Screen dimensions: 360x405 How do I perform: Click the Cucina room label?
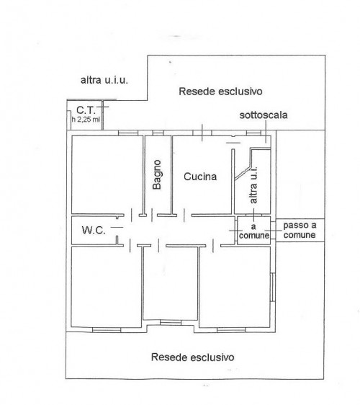(200, 177)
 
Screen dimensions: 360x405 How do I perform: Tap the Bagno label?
(157, 174)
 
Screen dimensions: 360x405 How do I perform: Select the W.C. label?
(94, 230)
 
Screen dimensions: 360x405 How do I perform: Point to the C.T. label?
(86, 110)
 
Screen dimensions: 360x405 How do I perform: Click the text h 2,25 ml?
(86, 120)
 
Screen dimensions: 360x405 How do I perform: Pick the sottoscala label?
(264, 115)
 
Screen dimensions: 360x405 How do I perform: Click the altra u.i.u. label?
(104, 80)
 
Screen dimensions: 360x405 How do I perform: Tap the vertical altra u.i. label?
(253, 184)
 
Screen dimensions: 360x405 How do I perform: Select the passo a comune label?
(300, 230)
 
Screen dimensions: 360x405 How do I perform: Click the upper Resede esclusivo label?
(220, 92)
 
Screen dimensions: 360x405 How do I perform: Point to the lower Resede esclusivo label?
(193, 357)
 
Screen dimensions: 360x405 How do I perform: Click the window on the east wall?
(272, 287)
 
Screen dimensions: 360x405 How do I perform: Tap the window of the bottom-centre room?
(171, 323)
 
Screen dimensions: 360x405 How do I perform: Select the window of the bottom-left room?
(107, 330)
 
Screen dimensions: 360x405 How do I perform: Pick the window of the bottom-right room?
(231, 330)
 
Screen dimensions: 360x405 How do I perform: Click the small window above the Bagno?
(158, 133)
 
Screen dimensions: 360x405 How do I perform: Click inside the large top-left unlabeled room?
(107, 174)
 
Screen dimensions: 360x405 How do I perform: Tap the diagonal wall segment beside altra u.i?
(243, 173)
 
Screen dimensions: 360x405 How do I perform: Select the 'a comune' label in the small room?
(254, 231)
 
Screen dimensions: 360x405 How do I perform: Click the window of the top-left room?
(128, 133)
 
